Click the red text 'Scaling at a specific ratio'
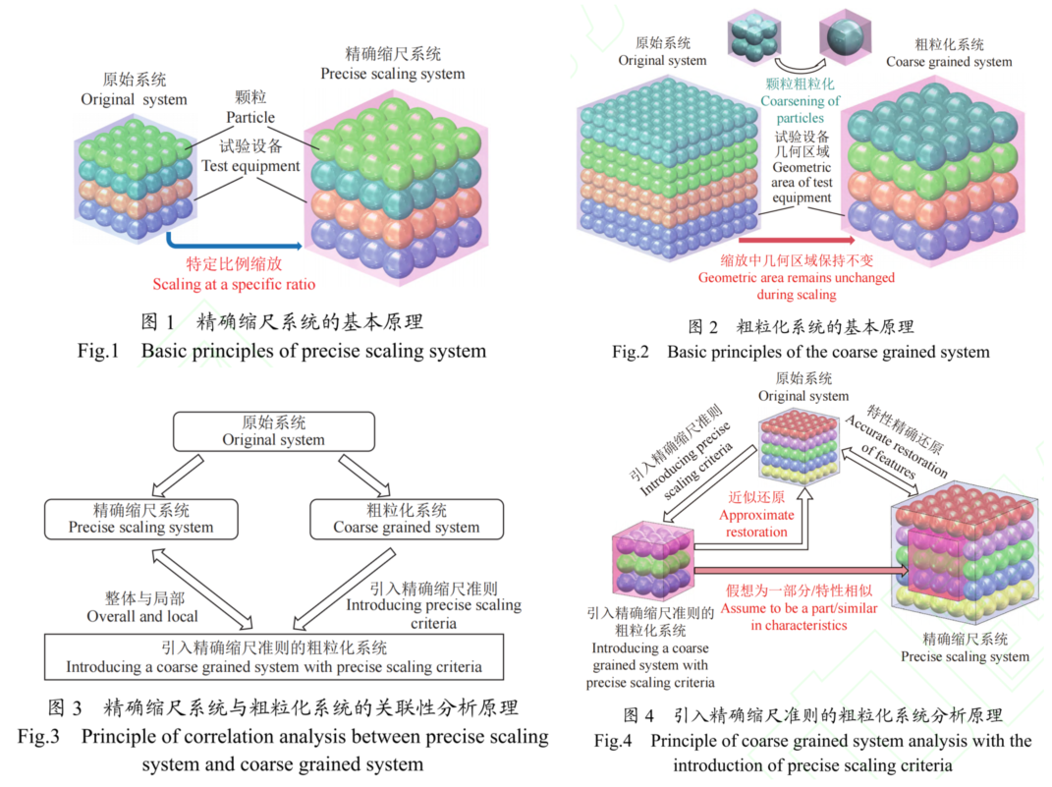coord(233,285)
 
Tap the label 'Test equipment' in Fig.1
coord(250,166)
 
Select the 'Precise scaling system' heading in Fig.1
coord(392,74)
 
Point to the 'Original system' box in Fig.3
coord(273,431)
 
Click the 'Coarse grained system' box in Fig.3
coord(406,519)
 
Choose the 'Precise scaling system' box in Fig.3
coord(140,519)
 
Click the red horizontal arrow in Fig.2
coord(796,239)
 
